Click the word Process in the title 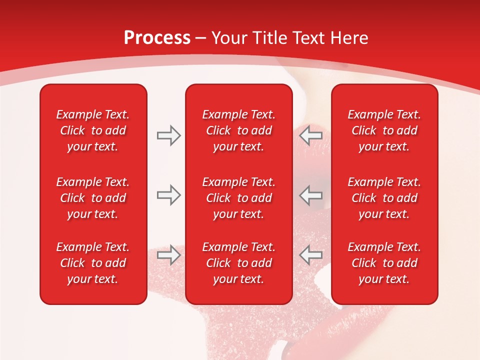click(157, 38)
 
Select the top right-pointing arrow click(168, 135)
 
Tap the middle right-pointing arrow click(168, 195)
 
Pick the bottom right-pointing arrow click(168, 255)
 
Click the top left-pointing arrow click(310, 135)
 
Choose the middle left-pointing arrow click(310, 195)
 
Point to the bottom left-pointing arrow click(310, 255)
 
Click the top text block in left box click(93, 130)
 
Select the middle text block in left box click(93, 198)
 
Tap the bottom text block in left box click(93, 263)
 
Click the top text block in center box click(239, 130)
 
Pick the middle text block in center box click(239, 198)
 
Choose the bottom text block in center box click(239, 263)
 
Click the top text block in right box click(384, 130)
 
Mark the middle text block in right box click(384, 198)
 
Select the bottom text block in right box click(384, 263)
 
